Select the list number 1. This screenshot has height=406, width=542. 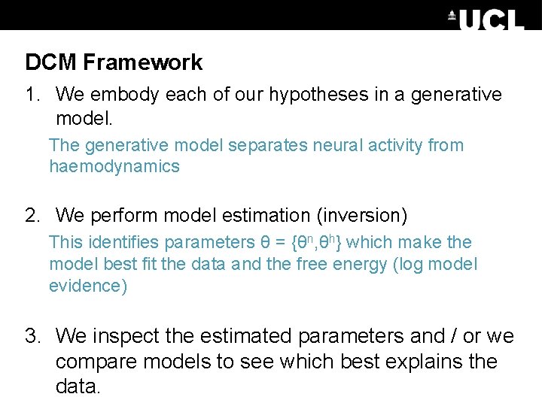[x=31, y=95]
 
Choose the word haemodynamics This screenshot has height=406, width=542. [x=114, y=167]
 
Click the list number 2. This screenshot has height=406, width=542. [x=31, y=217]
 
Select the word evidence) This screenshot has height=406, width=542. [x=88, y=286]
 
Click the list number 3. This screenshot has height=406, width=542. [x=31, y=335]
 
